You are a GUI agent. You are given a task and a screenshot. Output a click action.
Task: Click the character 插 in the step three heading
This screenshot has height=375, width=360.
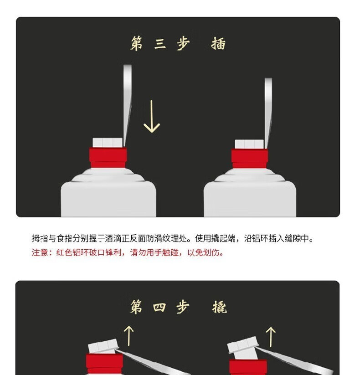[218, 44]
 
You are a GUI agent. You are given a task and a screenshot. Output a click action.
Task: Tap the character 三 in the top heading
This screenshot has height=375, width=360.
[160, 44]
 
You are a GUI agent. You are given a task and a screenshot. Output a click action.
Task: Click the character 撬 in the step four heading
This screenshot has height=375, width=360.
[219, 307]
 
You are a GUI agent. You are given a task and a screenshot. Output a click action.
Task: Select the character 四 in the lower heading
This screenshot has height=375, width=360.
[159, 307]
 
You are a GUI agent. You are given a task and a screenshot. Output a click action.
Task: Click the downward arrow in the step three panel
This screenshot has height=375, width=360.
[152, 116]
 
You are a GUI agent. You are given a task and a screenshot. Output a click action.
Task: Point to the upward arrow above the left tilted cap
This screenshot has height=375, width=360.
[129, 335]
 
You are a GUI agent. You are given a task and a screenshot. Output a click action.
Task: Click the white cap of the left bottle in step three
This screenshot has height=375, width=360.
[108, 143]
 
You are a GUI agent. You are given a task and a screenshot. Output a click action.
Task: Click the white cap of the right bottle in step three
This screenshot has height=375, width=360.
[249, 144]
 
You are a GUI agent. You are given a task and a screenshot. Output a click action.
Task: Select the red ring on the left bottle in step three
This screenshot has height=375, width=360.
[108, 158]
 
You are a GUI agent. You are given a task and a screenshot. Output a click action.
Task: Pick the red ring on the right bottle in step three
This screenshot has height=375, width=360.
[250, 159]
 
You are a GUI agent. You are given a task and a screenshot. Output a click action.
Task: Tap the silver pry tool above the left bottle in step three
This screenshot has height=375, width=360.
[127, 105]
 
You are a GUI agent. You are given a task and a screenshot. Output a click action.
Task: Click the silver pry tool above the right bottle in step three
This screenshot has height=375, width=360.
[268, 113]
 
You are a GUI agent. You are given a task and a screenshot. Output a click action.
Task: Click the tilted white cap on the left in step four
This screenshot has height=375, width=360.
[103, 346]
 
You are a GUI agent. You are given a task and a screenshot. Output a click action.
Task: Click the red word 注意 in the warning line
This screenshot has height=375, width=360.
[40, 252]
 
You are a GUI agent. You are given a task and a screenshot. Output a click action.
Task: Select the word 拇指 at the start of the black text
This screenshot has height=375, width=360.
[40, 238]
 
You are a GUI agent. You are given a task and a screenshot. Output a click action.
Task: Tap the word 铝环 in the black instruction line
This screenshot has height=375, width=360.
[260, 238]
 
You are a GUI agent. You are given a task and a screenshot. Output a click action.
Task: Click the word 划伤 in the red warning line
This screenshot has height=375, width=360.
[211, 252]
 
